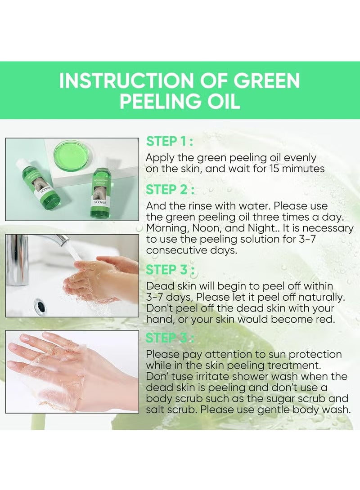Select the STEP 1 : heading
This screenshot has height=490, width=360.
[x=170, y=142]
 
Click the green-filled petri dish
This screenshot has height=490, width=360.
[x=71, y=154]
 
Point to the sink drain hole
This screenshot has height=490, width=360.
[x=40, y=305]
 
